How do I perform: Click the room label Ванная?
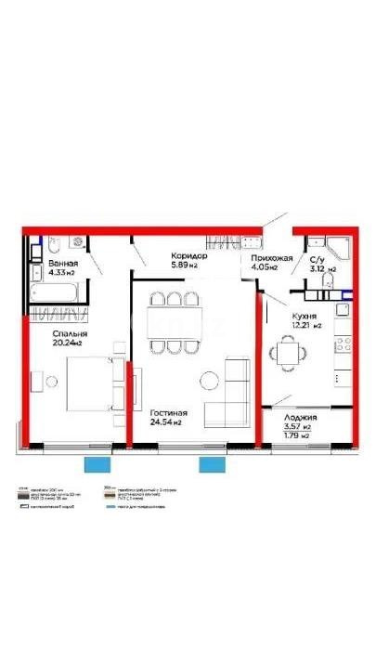pyautogui.click(x=63, y=264)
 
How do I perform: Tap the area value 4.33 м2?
pyautogui.click(x=63, y=274)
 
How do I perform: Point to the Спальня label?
pyautogui.click(x=70, y=332)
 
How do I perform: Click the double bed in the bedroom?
pyautogui.click(x=87, y=383)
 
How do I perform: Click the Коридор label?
pyautogui.click(x=188, y=255)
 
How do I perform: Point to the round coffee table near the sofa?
pyautogui.click(x=209, y=379)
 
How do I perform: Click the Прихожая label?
pyautogui.click(x=272, y=258)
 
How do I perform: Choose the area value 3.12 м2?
pyautogui.click(x=322, y=269)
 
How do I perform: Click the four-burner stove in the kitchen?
pyautogui.click(x=341, y=343)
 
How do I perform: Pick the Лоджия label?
pyautogui.click(x=304, y=419)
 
